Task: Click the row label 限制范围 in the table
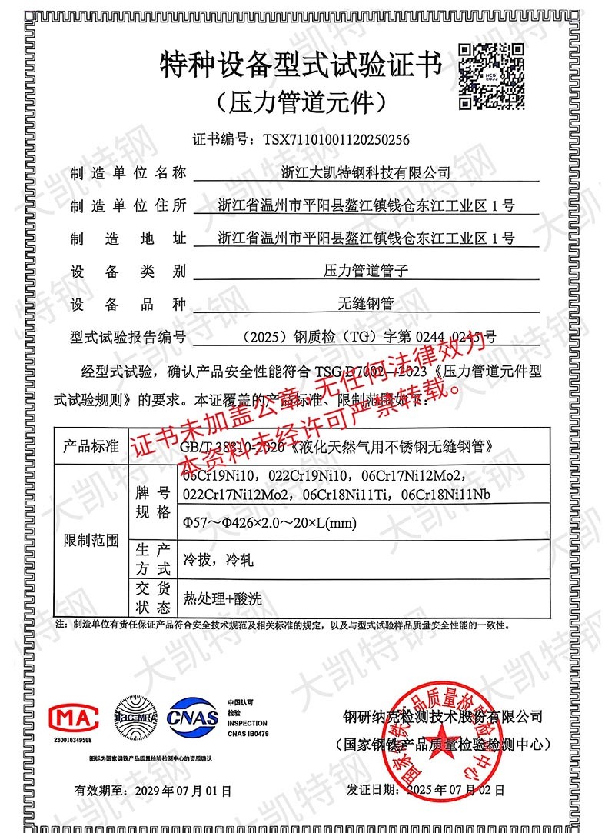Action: pyautogui.click(x=91, y=541)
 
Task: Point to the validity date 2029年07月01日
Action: pyautogui.click(x=175, y=789)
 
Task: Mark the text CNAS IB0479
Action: pyautogui.click(x=248, y=734)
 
